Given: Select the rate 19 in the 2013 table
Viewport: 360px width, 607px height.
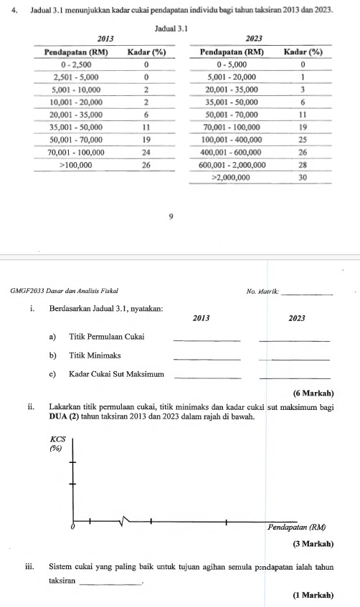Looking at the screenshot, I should click(146, 140).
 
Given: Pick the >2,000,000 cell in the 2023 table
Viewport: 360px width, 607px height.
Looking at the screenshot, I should click(232, 176).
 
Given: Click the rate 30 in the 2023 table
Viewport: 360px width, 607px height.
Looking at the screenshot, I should click(303, 176).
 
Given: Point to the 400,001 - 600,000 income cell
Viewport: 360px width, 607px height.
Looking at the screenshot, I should click(232, 151).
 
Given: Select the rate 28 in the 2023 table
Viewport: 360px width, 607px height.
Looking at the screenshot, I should click(303, 164).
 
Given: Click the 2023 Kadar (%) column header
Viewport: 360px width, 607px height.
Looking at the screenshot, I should click(303, 52).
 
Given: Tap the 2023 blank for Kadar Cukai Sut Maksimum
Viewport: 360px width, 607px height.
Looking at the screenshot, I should click(294, 376).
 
